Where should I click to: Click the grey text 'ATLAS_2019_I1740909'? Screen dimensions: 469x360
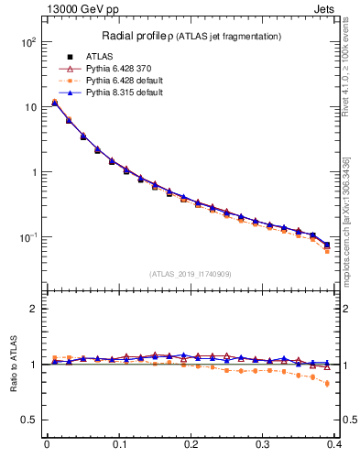pos(191,274)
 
